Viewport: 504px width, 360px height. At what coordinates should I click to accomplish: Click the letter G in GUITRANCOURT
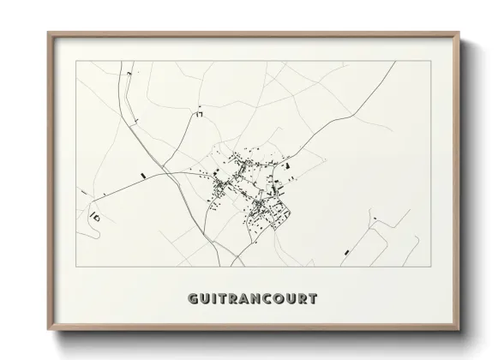point(191,299)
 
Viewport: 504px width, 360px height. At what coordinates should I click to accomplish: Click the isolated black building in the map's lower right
point(346,251)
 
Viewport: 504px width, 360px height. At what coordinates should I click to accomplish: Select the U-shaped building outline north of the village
point(200,113)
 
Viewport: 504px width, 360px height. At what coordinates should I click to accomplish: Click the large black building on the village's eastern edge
point(289,163)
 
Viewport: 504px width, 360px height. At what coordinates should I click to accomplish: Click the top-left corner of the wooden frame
point(48,33)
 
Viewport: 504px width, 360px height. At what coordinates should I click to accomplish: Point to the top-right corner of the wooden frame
point(460,33)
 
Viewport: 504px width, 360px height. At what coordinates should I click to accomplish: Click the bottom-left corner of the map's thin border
point(76,267)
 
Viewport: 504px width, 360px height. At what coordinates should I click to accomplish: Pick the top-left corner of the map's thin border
point(76,61)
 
